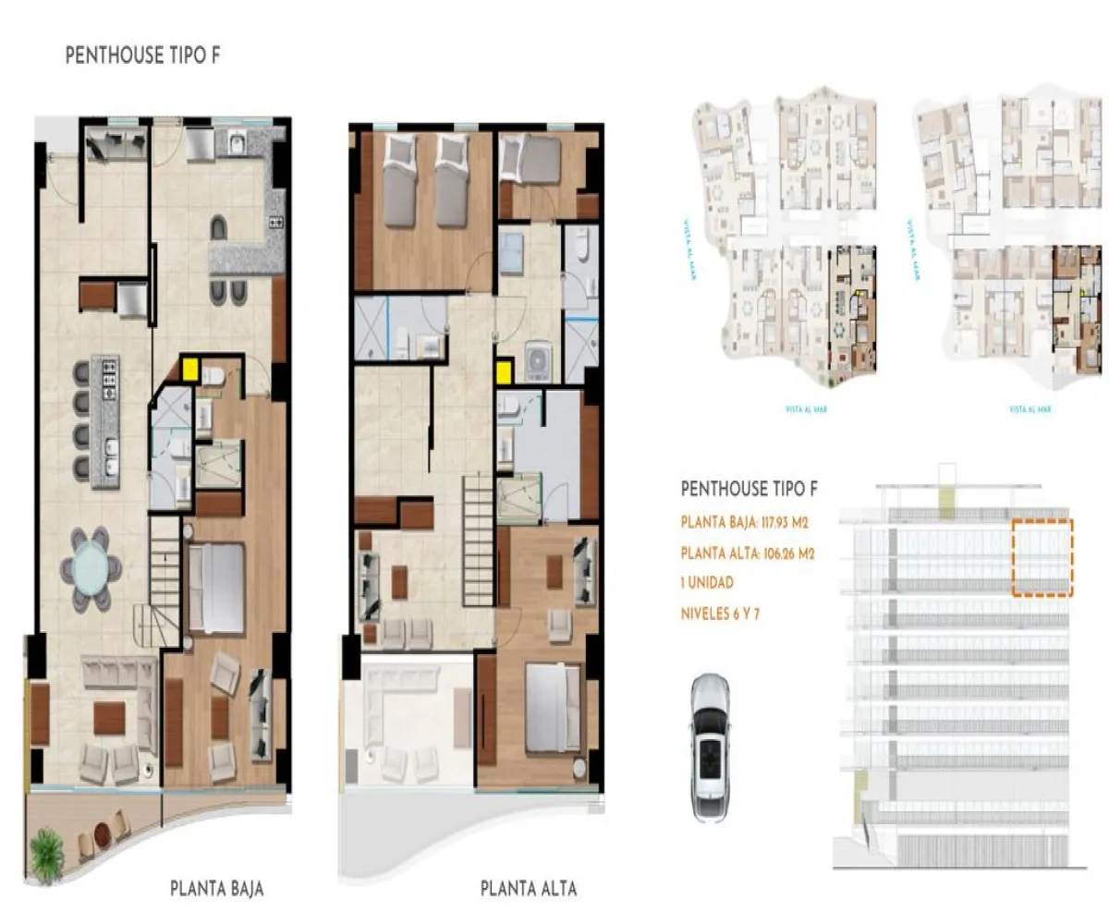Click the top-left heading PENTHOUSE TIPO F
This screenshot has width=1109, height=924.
pos(142,56)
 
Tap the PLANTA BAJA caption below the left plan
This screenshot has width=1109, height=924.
pos(217,889)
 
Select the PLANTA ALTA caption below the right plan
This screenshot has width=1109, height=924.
pos(529,889)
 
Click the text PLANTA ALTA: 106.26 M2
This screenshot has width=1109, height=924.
pos(747,554)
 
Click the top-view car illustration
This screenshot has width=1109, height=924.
pos(709,746)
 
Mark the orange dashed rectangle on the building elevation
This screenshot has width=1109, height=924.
pos(1042,556)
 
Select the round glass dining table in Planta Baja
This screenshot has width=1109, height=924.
pos(91,567)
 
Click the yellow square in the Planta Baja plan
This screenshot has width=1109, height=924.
pos(191,369)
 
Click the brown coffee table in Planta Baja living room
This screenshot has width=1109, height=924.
pos(109,717)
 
